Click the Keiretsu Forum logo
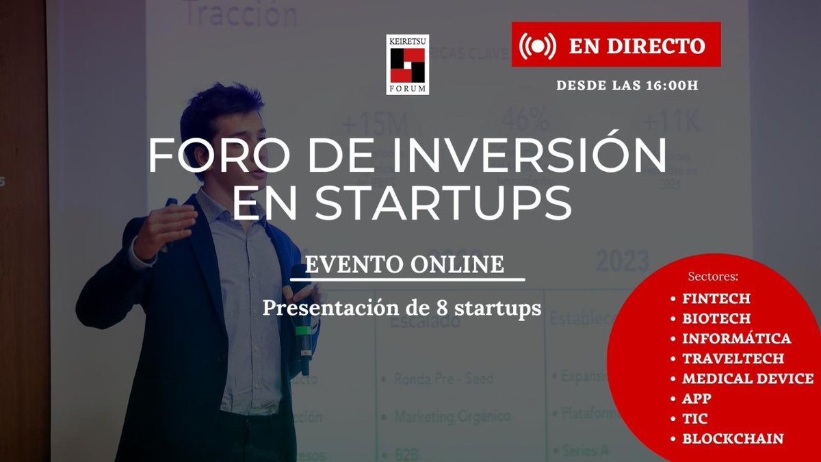click(408, 65)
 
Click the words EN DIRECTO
click(636, 45)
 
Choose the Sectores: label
click(713, 277)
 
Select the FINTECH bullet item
click(716, 299)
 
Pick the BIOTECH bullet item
click(716, 319)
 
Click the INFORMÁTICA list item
click(736, 339)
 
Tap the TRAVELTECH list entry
click(733, 359)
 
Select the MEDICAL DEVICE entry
click(748, 378)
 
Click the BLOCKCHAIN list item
click(732, 439)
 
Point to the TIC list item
click(694, 419)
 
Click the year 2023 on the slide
click(622, 261)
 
